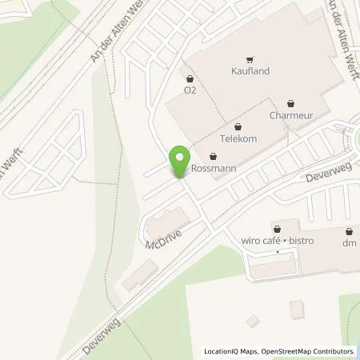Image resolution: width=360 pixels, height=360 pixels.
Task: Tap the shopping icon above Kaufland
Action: [251, 58]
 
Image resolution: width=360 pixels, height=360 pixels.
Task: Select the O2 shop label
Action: [190, 90]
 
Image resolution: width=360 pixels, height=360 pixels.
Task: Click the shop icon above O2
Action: [190, 78]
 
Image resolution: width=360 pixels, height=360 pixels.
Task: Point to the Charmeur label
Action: [290, 114]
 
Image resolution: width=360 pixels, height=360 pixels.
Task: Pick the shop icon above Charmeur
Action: [290, 102]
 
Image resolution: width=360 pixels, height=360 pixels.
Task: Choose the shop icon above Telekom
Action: [238, 126]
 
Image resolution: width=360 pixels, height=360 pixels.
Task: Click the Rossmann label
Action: [212, 169]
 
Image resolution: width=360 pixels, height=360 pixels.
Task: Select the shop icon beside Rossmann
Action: [213, 157]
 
